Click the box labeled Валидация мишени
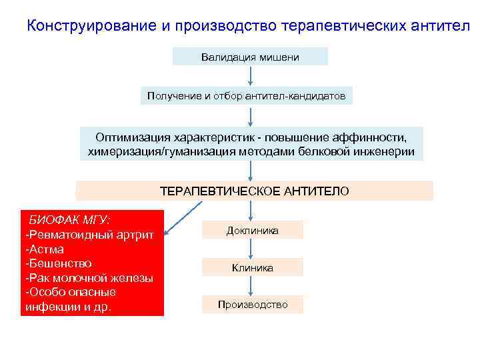[250, 57]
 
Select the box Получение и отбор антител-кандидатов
[247, 96]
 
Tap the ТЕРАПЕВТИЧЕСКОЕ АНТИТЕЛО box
[254, 191]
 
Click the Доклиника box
[253, 230]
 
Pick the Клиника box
[253, 267]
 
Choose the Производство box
[253, 305]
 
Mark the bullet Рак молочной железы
[89, 278]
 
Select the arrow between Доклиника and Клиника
[250, 249]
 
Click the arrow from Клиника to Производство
[250, 286]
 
